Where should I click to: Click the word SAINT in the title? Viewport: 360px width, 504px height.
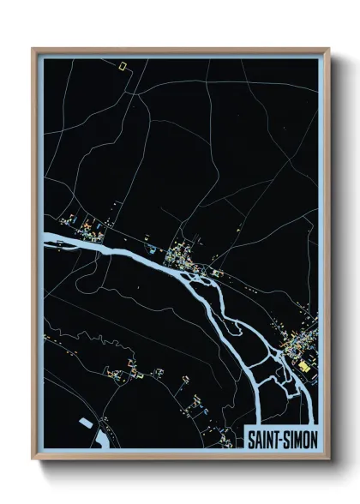[x=261, y=437]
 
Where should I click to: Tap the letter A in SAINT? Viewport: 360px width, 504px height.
[x=257, y=437]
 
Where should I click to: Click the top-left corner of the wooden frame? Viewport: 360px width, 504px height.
[x=34, y=49]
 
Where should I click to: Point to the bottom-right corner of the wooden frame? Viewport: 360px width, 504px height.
[x=328, y=458]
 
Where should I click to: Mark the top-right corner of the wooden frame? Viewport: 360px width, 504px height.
[x=328, y=49]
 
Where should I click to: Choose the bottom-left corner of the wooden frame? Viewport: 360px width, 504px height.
[x=34, y=458]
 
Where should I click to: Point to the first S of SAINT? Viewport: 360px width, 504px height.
[x=250, y=437]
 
